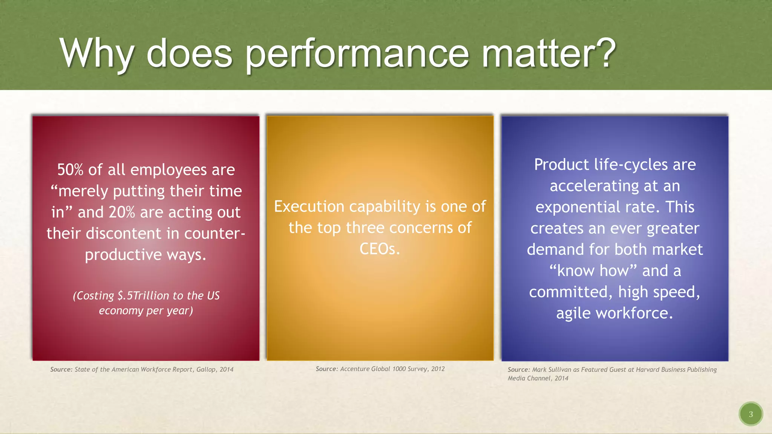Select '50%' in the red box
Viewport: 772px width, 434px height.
click(x=70, y=170)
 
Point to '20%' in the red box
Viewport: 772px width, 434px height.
click(x=122, y=212)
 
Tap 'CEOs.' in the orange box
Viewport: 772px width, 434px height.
click(x=380, y=249)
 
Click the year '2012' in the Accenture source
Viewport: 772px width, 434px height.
click(x=438, y=369)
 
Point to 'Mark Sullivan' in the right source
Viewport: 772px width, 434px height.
click(x=551, y=370)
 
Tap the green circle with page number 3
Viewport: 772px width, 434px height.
click(x=751, y=414)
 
